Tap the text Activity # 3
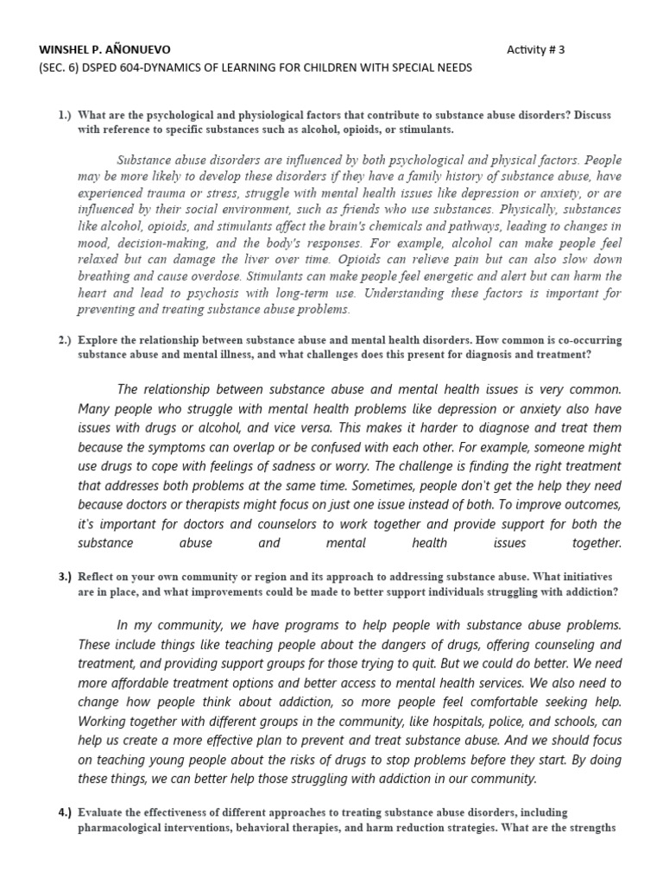point(535,49)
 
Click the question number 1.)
point(65,114)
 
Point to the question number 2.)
point(65,340)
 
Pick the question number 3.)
point(65,576)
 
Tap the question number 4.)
point(65,812)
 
